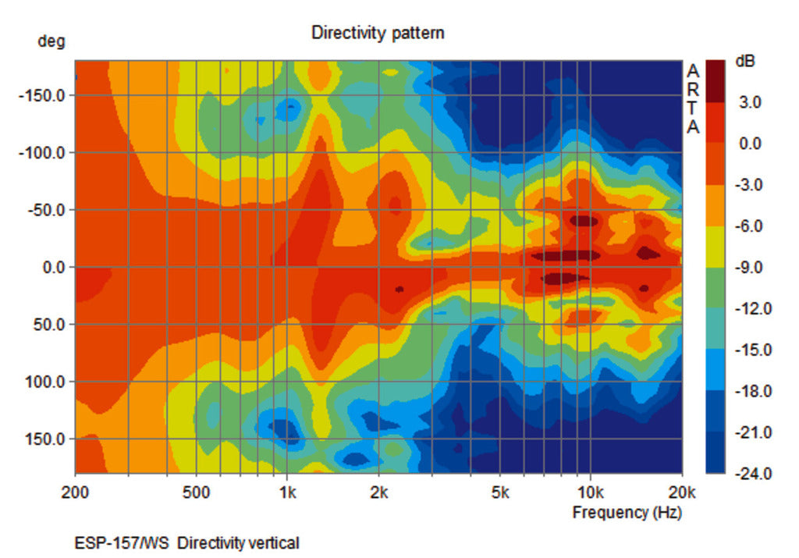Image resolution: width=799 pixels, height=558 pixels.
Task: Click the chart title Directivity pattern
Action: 378,33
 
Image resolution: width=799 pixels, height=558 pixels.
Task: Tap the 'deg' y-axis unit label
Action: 51,41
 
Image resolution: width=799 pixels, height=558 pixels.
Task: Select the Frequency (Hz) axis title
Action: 627,513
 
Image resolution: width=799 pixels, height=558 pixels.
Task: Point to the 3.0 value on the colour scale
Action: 750,102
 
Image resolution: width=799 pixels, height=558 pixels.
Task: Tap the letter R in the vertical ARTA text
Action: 693,89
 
